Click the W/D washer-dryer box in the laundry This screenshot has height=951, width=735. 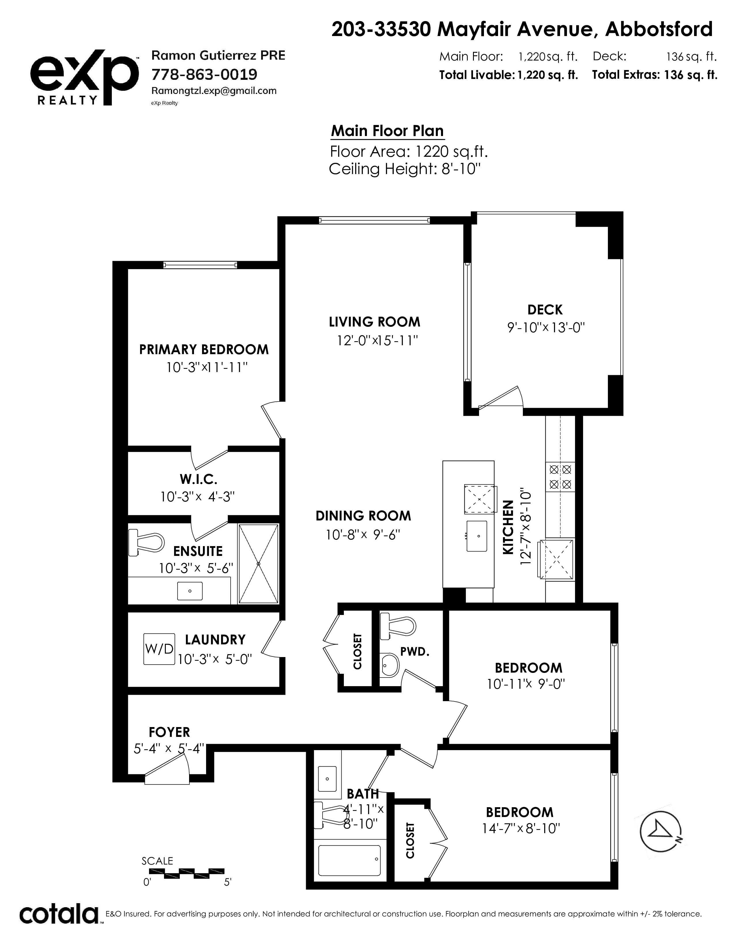coord(159,649)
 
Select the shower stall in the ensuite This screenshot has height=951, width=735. coord(258,564)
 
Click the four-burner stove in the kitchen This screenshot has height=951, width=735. coord(560,477)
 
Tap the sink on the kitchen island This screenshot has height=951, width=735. coord(477,536)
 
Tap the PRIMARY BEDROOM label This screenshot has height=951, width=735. coord(204,349)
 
